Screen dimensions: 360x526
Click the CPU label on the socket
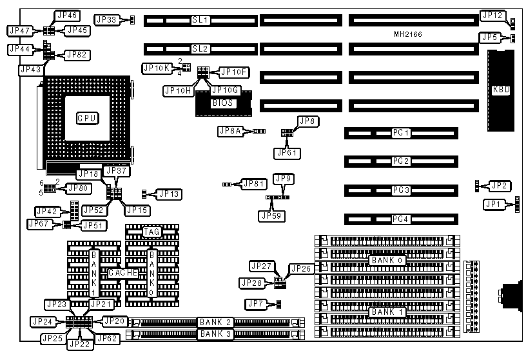click(88, 118)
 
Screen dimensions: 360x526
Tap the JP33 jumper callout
click(106, 20)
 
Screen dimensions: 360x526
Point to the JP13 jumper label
click(170, 193)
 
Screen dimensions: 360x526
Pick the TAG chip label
click(151, 232)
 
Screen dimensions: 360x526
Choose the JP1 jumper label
click(493, 205)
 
